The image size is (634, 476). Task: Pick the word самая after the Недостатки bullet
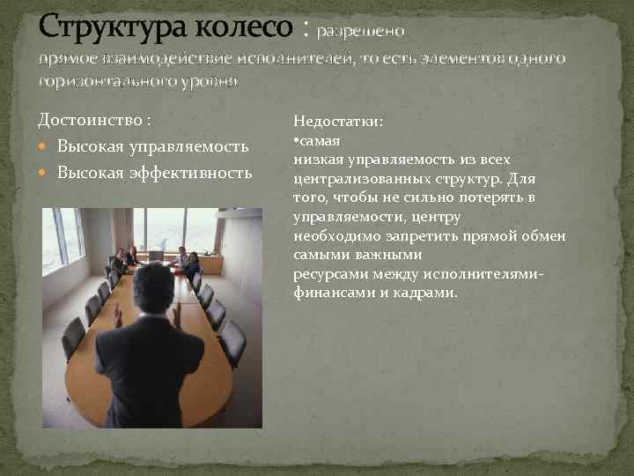point(318,141)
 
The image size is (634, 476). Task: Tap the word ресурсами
point(325,275)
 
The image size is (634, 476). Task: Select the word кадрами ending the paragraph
point(428,292)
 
